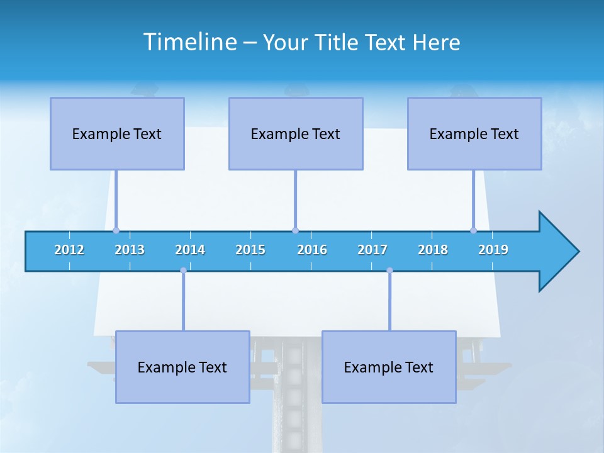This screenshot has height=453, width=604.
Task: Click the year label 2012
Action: point(69,250)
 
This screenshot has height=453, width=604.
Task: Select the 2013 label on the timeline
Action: point(130,250)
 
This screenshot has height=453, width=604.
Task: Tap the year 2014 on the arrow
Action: point(190,250)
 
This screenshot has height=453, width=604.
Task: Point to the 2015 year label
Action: point(250,250)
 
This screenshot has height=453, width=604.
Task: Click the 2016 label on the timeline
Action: point(312,250)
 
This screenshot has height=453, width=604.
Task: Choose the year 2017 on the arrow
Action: point(372,250)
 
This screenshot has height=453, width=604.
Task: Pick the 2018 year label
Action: point(433,250)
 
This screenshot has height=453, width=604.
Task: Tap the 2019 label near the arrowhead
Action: point(493,250)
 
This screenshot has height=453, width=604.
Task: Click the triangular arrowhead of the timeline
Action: point(557,252)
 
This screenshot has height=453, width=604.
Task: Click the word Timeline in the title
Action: point(189,42)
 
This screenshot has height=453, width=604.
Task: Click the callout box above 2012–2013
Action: point(117,133)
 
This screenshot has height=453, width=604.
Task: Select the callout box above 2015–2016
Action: point(296,133)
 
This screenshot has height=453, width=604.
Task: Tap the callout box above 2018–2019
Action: point(474,133)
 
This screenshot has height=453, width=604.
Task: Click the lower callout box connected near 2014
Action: point(182,367)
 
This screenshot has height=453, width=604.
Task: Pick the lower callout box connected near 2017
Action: point(389,367)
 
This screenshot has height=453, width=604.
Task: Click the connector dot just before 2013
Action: point(116,230)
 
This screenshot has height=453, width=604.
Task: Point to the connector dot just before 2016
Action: point(295,230)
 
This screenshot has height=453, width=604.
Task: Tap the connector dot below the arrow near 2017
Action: point(389,271)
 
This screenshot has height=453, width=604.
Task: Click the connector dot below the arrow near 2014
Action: point(183,271)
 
